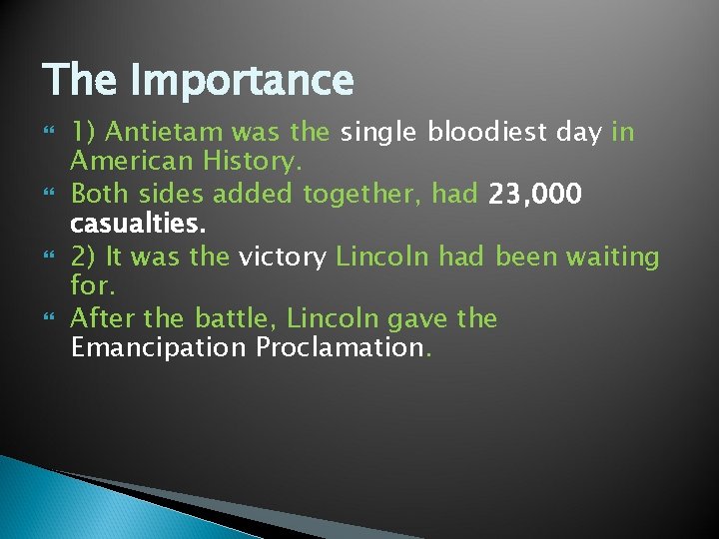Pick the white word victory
pyautogui.click(x=283, y=258)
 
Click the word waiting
pyautogui.click(x=612, y=258)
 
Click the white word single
pyautogui.click(x=380, y=133)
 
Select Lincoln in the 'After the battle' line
pyautogui.click(x=334, y=319)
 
